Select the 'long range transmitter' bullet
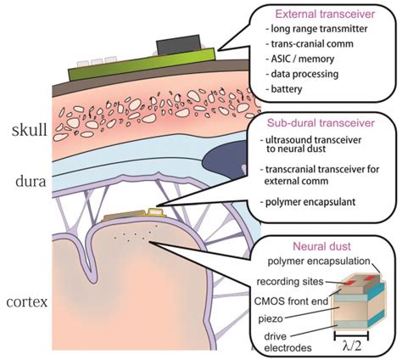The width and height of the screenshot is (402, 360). (316, 32)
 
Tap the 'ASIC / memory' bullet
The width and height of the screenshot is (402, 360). (296, 63)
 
